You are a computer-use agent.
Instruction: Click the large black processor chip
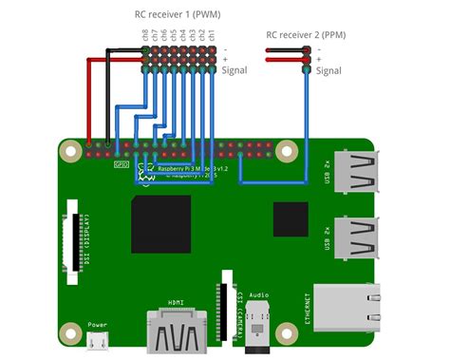161,224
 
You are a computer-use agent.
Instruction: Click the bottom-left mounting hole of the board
69,332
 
